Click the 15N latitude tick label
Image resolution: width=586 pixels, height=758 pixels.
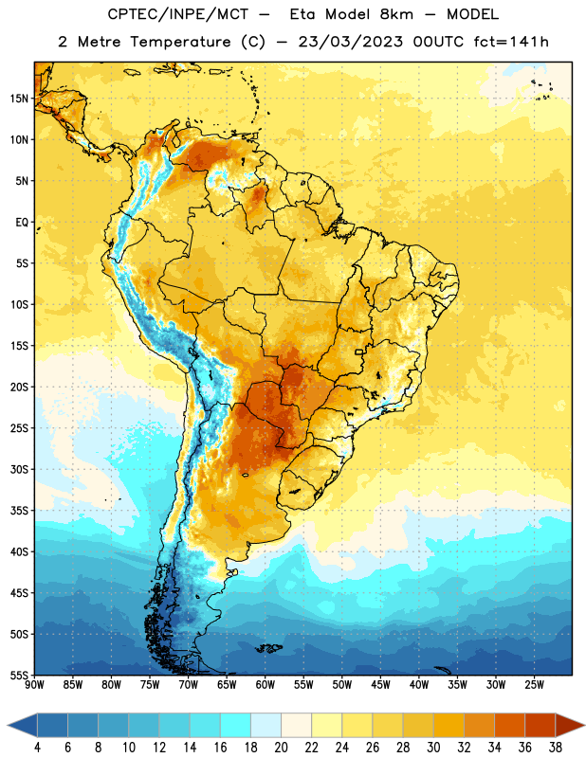19,99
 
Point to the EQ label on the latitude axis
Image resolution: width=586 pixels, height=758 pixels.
22,223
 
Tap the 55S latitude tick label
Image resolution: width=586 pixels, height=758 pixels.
19,675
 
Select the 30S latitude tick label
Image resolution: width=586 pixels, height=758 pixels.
19,469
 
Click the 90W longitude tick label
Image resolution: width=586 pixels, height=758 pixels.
34,685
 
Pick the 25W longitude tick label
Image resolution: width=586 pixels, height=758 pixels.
534,685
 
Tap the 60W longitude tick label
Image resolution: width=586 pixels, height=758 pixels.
266,685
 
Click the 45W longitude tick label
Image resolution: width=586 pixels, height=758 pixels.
380,685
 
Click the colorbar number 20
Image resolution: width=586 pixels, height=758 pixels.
281,748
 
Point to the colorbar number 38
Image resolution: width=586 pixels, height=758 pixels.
556,748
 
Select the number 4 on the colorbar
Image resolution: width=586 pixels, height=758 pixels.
37,748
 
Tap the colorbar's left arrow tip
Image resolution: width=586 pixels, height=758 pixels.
8,725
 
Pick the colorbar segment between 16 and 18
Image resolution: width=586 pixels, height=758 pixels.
235,725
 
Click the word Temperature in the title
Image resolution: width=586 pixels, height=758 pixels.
180,42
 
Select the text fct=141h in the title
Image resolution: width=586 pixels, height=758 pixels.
511,42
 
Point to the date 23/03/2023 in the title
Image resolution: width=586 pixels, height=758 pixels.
350,42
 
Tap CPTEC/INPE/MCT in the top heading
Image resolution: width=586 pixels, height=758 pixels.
177,14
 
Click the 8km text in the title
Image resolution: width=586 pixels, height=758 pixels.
396,14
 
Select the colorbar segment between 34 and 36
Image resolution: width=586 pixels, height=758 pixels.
509,725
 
